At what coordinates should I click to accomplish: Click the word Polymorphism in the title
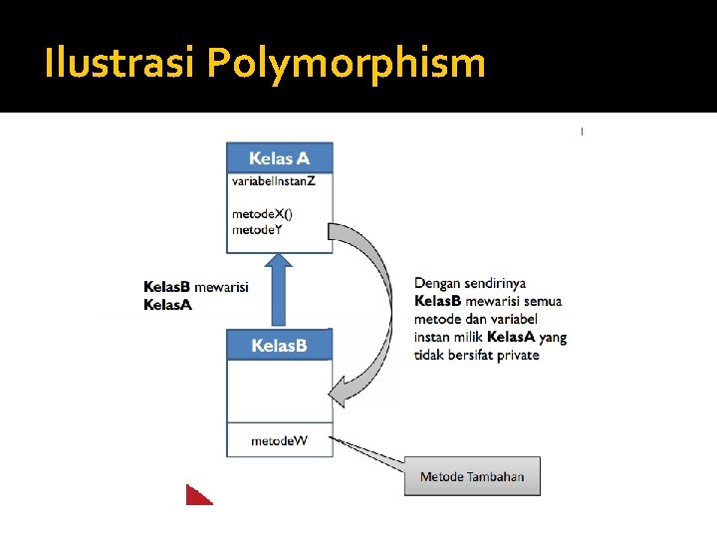(347, 65)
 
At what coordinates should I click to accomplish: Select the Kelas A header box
(279, 158)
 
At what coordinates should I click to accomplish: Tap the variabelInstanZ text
(273, 181)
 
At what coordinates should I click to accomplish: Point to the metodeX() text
(262, 214)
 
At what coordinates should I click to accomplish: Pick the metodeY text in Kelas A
(257, 230)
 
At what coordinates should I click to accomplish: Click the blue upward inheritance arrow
(280, 290)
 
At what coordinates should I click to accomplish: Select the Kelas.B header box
(279, 346)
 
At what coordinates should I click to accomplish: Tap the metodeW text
(280, 440)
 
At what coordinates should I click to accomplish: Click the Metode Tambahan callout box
(472, 476)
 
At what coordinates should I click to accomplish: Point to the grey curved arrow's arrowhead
(342, 390)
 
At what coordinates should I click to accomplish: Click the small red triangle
(197, 495)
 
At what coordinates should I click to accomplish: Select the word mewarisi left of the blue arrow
(221, 287)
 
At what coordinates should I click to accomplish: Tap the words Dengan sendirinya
(470, 284)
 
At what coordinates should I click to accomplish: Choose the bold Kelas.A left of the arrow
(167, 304)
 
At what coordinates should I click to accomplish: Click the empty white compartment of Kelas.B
(279, 391)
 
